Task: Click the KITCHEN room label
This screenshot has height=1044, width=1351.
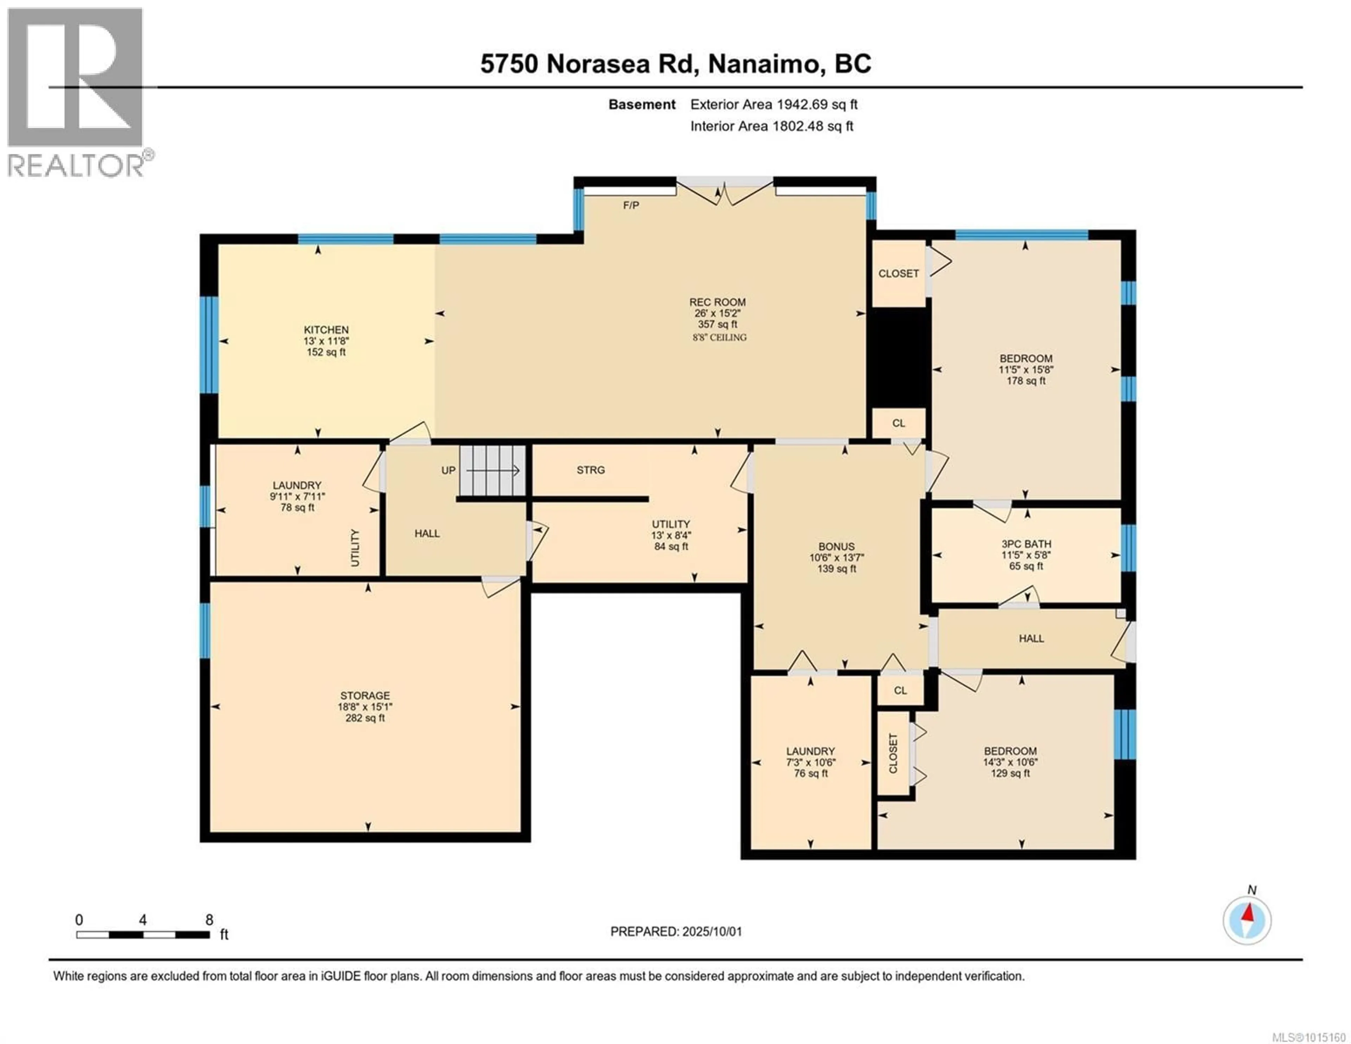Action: [326, 330]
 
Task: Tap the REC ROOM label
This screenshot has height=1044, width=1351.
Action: [718, 302]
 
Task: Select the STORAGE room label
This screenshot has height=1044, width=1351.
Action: [365, 696]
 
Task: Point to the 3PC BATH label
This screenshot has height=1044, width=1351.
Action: [1026, 544]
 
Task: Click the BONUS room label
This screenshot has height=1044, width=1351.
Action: [836, 546]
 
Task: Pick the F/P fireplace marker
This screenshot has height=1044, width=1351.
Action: [631, 205]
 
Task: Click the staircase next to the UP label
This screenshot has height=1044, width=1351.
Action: [493, 471]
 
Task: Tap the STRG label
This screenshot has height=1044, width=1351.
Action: [591, 470]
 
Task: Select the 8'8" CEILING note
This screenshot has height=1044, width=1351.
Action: [719, 337]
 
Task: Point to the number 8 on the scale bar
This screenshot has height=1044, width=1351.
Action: [209, 919]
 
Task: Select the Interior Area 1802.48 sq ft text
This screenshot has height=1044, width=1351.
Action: [772, 126]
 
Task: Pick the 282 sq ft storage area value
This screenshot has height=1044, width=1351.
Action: [365, 718]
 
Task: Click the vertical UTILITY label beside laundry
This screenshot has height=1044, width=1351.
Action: [355, 548]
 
